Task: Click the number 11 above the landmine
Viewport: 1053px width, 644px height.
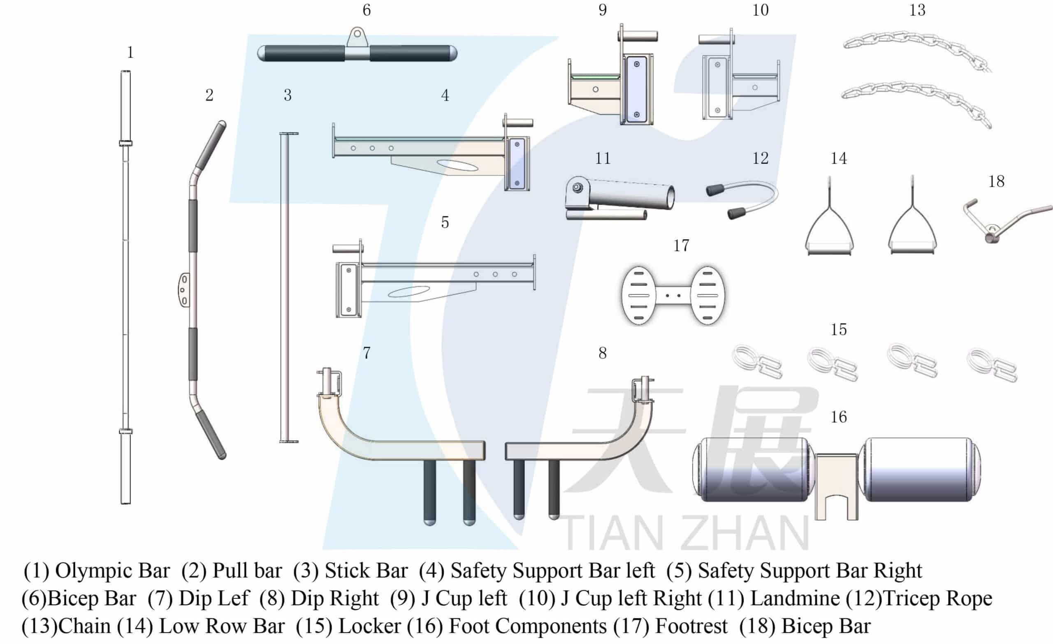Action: pyautogui.click(x=603, y=159)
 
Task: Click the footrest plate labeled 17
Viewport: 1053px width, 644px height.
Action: pyautogui.click(x=673, y=295)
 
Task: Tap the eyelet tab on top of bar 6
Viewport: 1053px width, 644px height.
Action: pyautogui.click(x=357, y=37)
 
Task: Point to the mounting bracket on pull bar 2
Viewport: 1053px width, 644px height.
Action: pyautogui.click(x=183, y=290)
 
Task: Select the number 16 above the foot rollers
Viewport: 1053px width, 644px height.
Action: pyautogui.click(x=838, y=417)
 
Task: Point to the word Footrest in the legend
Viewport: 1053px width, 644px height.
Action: pyautogui.click(x=691, y=626)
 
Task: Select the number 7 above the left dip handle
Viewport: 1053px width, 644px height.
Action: pyautogui.click(x=366, y=353)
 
